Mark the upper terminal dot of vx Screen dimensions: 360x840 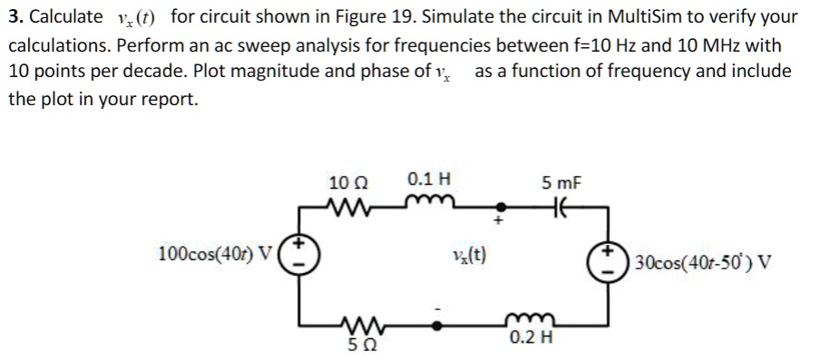pos(495,206)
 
